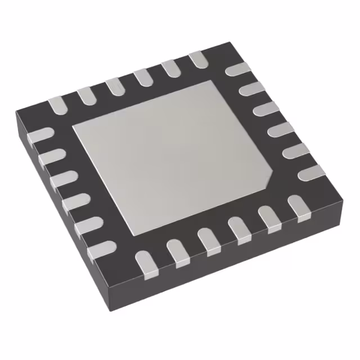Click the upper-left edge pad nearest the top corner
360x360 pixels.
199,60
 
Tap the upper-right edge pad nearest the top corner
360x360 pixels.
235,70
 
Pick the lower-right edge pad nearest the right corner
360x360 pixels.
296,205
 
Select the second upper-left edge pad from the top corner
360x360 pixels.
169,69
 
